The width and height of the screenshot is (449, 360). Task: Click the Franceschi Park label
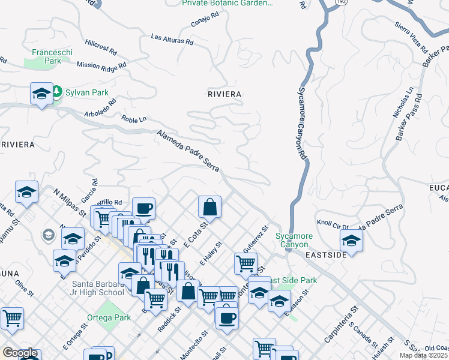pyautogui.click(x=52, y=56)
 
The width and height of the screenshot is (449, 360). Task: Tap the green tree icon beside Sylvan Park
pyautogui.click(x=58, y=92)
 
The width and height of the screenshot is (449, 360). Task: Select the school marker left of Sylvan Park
pyautogui.click(x=41, y=94)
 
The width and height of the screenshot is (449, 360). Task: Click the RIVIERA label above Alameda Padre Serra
pyautogui.click(x=224, y=94)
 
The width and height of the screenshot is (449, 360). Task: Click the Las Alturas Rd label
pyautogui.click(x=172, y=40)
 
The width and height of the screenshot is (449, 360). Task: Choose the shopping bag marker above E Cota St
pyautogui.click(x=210, y=207)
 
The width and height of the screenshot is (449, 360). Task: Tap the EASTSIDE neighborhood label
pyautogui.click(x=325, y=255)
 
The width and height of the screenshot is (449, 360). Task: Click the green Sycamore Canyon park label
pyautogui.click(x=292, y=240)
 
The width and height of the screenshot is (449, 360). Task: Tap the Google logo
pyautogui.click(x=20, y=353)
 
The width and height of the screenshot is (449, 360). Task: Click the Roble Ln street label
pyautogui.click(x=133, y=119)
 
